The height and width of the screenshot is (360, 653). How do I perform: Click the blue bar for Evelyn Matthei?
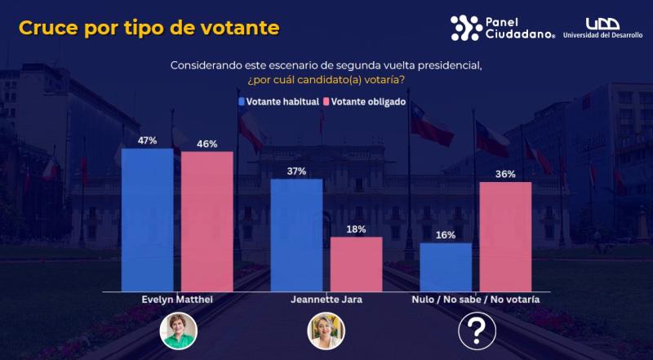(x=147, y=220)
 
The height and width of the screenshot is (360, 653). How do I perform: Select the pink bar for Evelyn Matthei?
(x=207, y=221)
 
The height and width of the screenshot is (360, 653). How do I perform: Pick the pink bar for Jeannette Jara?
(x=356, y=264)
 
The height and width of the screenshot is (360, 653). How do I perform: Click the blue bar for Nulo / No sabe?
(x=446, y=267)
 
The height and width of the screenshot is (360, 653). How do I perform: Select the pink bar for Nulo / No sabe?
(x=505, y=236)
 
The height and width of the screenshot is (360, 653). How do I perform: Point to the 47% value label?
(x=147, y=140)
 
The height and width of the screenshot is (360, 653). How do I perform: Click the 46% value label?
(x=207, y=144)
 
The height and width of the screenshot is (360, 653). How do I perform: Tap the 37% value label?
(x=296, y=171)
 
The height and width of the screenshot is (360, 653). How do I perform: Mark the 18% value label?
(x=356, y=229)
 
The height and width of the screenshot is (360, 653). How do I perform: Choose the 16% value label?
(x=446, y=235)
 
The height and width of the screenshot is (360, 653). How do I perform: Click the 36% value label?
(x=505, y=174)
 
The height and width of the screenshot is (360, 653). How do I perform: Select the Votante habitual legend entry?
(x=278, y=103)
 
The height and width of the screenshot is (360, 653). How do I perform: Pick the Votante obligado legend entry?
(x=363, y=103)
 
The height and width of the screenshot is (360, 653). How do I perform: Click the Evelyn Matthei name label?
(x=177, y=300)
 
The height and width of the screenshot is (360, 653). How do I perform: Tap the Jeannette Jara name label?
(x=326, y=300)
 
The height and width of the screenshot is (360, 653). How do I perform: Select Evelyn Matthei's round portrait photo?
(x=177, y=331)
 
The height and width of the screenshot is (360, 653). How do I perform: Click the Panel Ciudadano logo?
(x=502, y=28)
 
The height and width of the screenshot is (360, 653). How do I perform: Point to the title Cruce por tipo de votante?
(x=149, y=28)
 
